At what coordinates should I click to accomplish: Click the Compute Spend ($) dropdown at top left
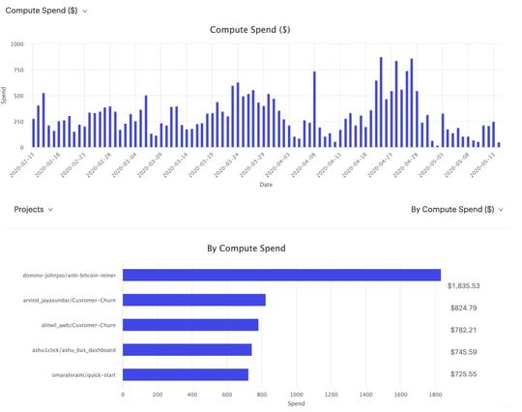(x=46, y=10)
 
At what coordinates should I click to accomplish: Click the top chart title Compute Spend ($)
(x=250, y=30)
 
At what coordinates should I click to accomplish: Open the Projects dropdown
(x=34, y=209)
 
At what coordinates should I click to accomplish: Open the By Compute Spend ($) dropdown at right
(x=457, y=209)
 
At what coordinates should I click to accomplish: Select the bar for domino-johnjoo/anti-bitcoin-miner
(x=281, y=276)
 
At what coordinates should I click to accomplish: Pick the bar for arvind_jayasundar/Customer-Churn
(x=194, y=301)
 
